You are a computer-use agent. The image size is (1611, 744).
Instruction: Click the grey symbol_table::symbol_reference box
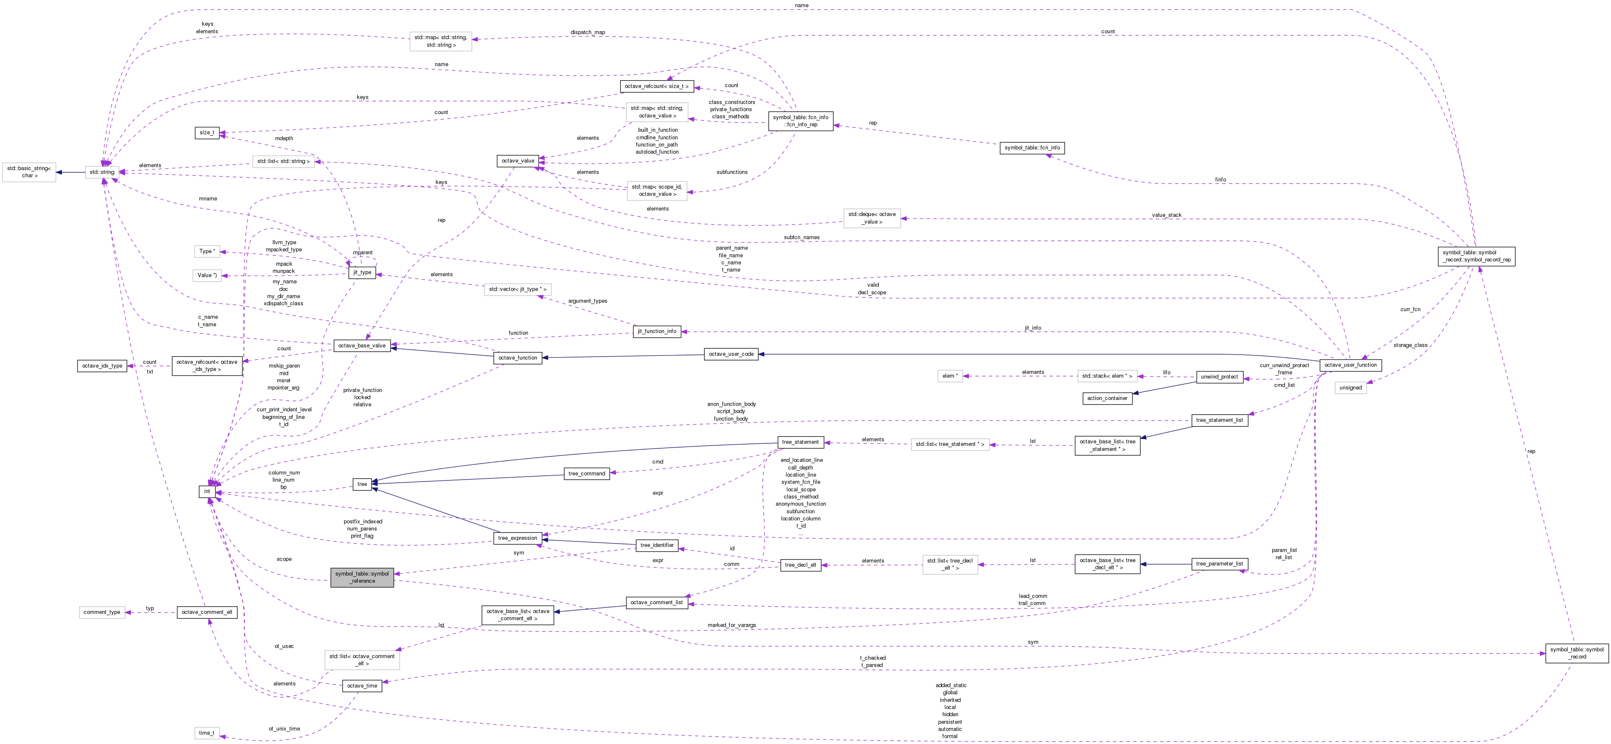pyautogui.click(x=362, y=577)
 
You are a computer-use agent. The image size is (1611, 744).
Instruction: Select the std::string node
pyautogui.click(x=102, y=172)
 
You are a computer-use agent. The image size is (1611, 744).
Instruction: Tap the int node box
pyautogui.click(x=207, y=491)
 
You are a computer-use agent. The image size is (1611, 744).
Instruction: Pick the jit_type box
pyautogui.click(x=362, y=272)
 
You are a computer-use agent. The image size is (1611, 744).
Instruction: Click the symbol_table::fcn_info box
pyautogui.click(x=1031, y=148)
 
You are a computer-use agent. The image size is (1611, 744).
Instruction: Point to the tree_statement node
pyautogui.click(x=800, y=442)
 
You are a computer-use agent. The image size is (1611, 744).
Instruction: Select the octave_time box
pyautogui.click(x=362, y=686)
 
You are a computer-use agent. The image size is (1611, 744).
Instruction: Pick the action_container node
pyautogui.click(x=1107, y=398)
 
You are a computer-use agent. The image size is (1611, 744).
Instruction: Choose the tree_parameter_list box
pyautogui.click(x=1219, y=564)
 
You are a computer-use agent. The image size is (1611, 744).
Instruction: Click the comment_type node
pyautogui.click(x=102, y=612)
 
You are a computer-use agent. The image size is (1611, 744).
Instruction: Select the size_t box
pyautogui.click(x=206, y=133)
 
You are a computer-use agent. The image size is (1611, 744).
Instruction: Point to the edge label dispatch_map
pyautogui.click(x=587, y=32)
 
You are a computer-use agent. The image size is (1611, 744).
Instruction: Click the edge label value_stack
pyautogui.click(x=1167, y=215)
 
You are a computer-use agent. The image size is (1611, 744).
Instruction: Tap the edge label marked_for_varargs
pyautogui.click(x=732, y=625)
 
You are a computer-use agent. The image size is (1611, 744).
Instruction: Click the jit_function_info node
pyautogui.click(x=657, y=331)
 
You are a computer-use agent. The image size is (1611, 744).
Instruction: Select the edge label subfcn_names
pyautogui.click(x=801, y=237)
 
